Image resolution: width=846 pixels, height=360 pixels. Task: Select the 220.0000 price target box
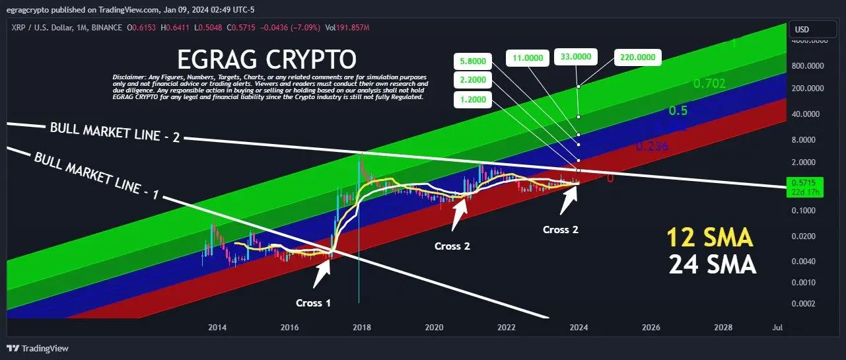[x=637, y=57]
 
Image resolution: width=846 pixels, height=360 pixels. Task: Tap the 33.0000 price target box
[x=575, y=57]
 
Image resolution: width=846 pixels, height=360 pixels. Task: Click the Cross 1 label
[x=313, y=303]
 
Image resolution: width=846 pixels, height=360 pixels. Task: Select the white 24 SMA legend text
[x=712, y=264]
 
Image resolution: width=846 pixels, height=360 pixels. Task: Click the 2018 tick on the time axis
[x=361, y=328]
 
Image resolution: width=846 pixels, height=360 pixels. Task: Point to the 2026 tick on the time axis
[x=651, y=328]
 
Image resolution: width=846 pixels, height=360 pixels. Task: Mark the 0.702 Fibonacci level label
[x=709, y=83]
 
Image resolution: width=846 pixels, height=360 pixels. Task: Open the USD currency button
[x=810, y=30]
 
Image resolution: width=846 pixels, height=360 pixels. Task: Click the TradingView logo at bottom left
[x=38, y=348]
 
